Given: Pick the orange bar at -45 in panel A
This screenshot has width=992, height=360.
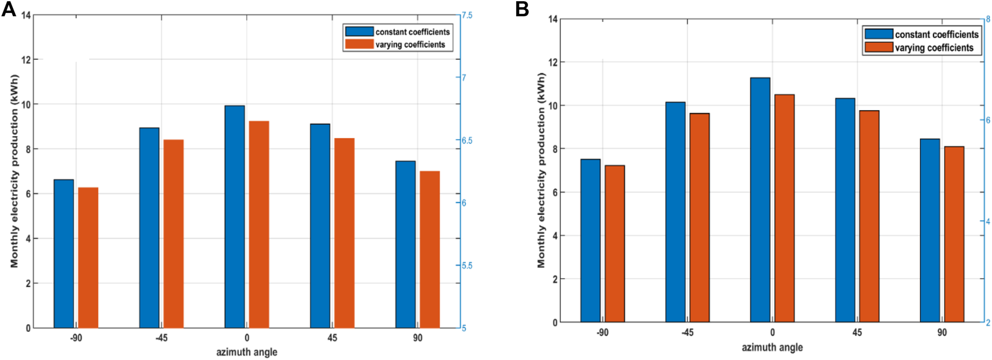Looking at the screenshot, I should pyautogui.click(x=174, y=233).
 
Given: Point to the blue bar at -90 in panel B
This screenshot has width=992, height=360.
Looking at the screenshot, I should pyautogui.click(x=590, y=241).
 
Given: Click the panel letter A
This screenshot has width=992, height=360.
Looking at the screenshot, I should pyautogui.click(x=8, y=9).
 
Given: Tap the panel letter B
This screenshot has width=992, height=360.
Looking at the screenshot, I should pyautogui.click(x=522, y=9).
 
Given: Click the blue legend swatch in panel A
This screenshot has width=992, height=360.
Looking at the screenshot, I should pyautogui.click(x=359, y=32).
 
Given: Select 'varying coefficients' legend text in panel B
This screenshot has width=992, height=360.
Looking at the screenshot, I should pyautogui.click(x=934, y=48).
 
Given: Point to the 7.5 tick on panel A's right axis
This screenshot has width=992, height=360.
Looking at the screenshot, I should pyautogui.click(x=467, y=16).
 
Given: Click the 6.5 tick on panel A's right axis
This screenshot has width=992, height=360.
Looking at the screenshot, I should pyautogui.click(x=467, y=141).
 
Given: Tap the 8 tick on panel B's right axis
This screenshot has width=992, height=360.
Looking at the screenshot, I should pyautogui.click(x=988, y=20).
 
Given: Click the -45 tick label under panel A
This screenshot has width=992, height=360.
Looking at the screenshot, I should pyautogui.click(x=161, y=338).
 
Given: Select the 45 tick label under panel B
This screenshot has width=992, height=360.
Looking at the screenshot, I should pyautogui.click(x=857, y=333).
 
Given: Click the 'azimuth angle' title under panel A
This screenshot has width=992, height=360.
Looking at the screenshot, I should pyautogui.click(x=247, y=352).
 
